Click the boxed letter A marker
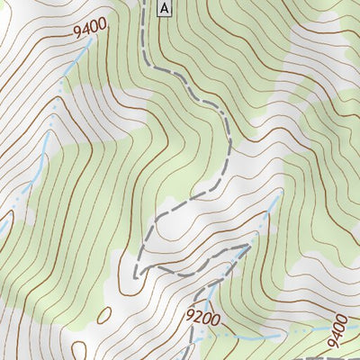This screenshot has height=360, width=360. pos(163,8)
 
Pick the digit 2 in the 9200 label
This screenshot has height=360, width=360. pos(199,316)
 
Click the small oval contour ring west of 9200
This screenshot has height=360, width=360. pos(103,315)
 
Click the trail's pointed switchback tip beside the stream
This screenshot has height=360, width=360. pos(248,243)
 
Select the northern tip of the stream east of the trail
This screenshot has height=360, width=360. pos(280,193)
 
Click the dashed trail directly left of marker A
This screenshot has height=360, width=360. pos(144,9)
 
